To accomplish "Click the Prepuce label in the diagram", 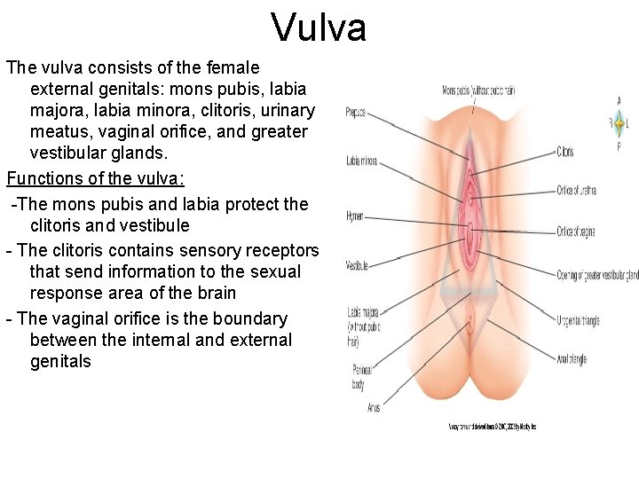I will coord(355,113).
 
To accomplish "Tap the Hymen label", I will coord(354,216).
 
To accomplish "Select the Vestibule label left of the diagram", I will coord(357,265).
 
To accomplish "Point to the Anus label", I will coord(374,407).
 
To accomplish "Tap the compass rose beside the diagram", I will coord(618,123).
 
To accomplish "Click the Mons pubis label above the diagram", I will coord(479,90).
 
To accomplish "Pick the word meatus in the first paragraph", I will coord(60,132).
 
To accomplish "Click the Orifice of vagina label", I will coord(576,232).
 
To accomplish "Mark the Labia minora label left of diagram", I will coord(361,161).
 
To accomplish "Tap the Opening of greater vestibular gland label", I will coord(597,277).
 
